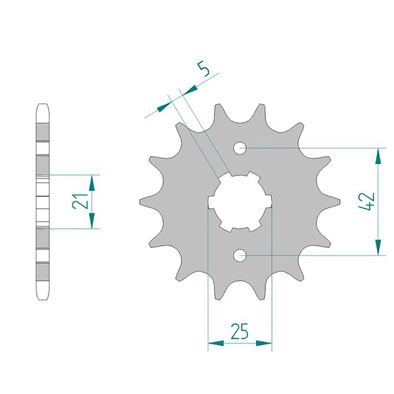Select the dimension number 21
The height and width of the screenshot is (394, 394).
pos(80,201)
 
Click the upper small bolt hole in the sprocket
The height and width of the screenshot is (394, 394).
pos(240,148)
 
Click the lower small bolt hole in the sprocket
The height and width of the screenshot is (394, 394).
pos(240,255)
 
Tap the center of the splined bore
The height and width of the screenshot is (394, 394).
pos(240,202)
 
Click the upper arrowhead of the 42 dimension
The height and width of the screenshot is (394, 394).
pos(379,156)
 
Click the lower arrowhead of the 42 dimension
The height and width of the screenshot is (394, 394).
pos(379,247)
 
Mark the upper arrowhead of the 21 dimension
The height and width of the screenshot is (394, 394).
pos(92,183)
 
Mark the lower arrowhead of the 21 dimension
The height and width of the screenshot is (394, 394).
pos(92,220)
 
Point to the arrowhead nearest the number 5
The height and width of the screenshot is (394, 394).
pos(190,90)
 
